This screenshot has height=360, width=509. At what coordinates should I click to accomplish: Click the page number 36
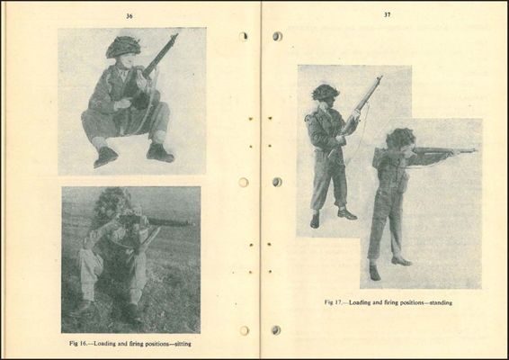coord(129,16)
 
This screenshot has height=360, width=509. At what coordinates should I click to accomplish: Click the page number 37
coord(387,14)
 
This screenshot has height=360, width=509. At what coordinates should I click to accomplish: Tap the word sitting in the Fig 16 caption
coord(183,344)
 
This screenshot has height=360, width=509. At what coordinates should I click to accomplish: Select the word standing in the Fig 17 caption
coord(441,302)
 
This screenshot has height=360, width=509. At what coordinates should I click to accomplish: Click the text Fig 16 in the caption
coord(77,344)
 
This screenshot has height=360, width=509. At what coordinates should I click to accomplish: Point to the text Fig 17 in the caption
coord(333,302)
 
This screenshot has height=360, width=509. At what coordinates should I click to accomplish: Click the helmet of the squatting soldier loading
coord(123,47)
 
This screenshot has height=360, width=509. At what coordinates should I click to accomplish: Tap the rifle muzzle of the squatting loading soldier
coord(175,35)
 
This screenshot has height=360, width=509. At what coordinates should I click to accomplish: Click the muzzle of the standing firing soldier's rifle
coord(475,150)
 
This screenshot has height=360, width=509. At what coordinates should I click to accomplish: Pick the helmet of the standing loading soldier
coord(326,92)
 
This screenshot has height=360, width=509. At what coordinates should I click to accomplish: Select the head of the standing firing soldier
coord(400,139)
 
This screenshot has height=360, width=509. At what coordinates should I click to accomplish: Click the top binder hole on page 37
coord(277,36)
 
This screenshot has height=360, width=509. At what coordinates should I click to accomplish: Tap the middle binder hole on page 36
coord(244,183)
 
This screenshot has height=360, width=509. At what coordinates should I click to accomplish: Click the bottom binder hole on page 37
coord(276,330)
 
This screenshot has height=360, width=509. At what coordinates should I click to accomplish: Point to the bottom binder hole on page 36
coord(244,331)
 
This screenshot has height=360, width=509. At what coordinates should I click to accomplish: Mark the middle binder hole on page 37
coord(277,182)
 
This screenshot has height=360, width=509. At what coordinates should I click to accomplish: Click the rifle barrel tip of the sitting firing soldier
coord(191,223)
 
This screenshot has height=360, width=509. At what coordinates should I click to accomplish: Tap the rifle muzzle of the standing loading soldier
coord(380,77)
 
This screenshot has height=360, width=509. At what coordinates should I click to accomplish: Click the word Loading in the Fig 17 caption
coord(360,302)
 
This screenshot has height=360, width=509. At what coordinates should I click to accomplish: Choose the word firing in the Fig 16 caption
coord(137,344)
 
